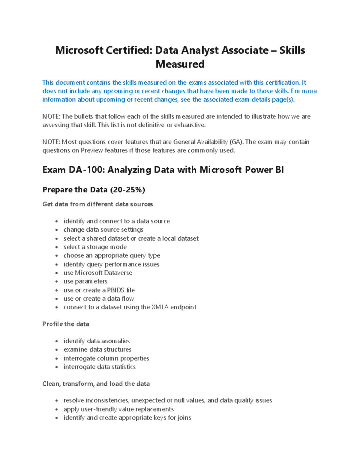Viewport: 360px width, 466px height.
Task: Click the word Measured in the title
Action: click(180, 64)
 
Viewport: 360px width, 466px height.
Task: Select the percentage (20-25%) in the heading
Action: click(127, 190)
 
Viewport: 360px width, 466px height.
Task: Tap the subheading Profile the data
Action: click(66, 324)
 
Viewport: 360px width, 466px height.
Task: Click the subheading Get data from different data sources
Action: click(97, 204)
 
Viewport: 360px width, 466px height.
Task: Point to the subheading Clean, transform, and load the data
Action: click(96, 384)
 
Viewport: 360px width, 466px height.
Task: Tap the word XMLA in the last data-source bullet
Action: click(160, 307)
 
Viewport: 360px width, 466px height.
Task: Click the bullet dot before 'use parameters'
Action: click(56, 282)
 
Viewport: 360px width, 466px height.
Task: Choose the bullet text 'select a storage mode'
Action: click(95, 247)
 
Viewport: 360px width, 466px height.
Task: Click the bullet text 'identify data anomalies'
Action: click(96, 341)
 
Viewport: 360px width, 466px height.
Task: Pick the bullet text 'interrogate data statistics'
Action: click(99, 367)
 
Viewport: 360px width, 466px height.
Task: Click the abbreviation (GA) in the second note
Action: click(235, 142)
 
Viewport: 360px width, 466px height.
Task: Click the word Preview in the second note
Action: click(92, 150)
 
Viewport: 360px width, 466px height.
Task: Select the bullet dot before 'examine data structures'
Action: click(56, 350)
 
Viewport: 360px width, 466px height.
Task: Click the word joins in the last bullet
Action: click(184, 418)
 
